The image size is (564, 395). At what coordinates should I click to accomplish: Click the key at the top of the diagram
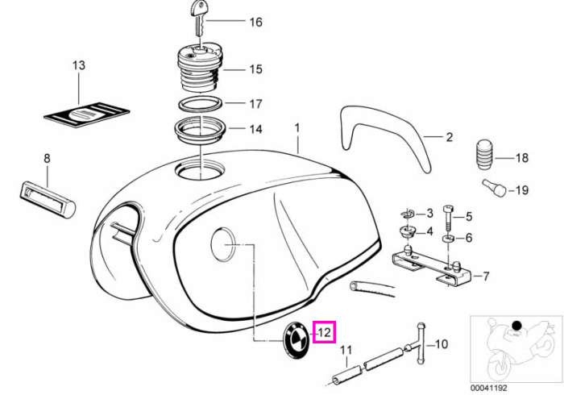[199, 17]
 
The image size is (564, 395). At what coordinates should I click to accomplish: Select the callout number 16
[255, 23]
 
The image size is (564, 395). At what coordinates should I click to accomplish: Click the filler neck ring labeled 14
[199, 131]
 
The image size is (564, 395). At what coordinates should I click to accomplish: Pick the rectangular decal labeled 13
[87, 114]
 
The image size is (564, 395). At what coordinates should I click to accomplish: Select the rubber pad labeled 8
[48, 199]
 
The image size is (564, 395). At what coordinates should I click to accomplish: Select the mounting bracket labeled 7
[432, 268]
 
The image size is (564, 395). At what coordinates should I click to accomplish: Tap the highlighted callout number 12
[324, 332]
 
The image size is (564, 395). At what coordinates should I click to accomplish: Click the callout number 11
[346, 351]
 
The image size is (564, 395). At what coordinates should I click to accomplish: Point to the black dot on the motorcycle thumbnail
[517, 326]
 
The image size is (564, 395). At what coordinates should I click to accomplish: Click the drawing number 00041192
[489, 389]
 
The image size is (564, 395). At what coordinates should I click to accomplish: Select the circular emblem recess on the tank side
[223, 244]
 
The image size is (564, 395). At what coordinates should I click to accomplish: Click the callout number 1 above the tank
[297, 128]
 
